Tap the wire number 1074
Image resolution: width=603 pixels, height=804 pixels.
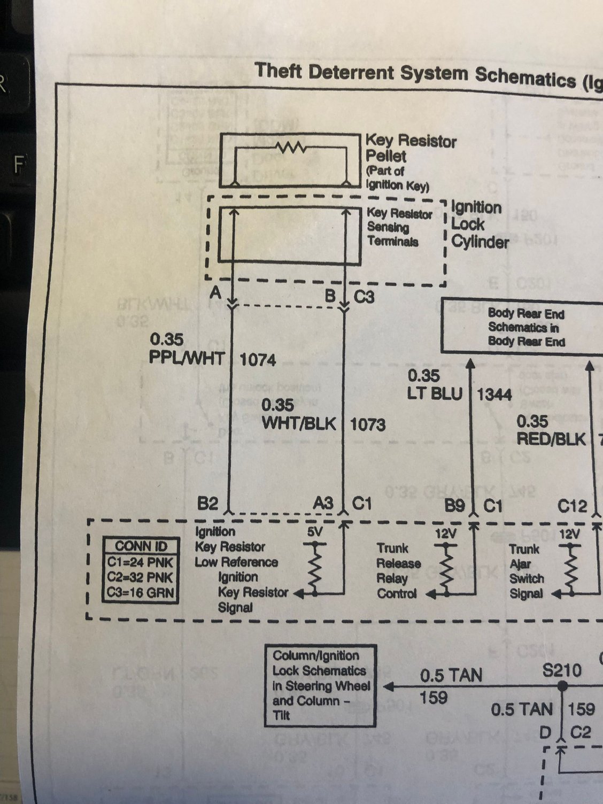tap(258, 360)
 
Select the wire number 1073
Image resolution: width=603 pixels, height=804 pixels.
tap(368, 424)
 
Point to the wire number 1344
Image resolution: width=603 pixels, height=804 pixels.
tap(494, 395)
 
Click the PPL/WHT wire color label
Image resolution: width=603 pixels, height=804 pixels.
tap(187, 357)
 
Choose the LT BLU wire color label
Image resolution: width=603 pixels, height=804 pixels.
tap(435, 393)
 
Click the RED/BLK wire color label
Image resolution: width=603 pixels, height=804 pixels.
tap(551, 438)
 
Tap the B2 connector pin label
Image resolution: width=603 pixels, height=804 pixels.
tap(208, 504)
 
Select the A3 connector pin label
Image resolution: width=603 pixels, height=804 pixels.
tap(323, 504)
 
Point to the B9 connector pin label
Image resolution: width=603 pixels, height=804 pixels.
tap(455, 505)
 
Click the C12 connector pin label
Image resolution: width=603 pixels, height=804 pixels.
tap(572, 506)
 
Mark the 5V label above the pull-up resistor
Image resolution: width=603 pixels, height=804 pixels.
tap(315, 532)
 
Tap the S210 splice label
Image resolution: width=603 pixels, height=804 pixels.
tap(562, 670)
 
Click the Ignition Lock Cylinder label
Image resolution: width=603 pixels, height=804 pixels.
tap(479, 225)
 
